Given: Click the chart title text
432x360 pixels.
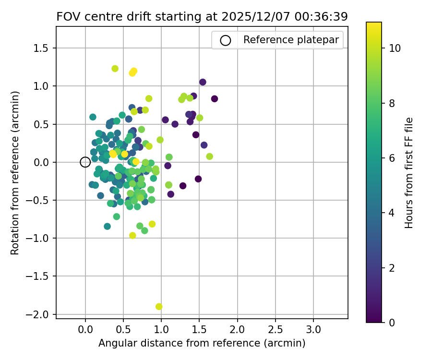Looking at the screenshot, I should (x=202, y=16).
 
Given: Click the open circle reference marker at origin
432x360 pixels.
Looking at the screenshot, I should (x=85, y=162).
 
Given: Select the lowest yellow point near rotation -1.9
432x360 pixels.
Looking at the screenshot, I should (x=159, y=306).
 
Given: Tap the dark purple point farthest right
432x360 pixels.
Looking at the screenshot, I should (x=215, y=99).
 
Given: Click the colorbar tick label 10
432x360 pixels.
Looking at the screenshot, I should (x=395, y=48).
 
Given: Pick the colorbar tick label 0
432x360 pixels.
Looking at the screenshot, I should (x=392, y=322).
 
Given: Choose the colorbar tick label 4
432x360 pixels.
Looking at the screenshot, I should (x=392, y=213).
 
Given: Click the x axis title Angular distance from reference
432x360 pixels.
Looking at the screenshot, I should (x=202, y=344).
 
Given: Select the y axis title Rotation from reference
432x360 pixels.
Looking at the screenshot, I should (x=15, y=173).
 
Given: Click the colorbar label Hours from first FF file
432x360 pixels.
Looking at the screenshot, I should (x=409, y=173).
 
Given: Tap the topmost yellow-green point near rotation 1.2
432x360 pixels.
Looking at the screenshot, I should (x=115, y=69).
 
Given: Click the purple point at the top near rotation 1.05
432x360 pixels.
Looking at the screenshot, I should (x=203, y=82).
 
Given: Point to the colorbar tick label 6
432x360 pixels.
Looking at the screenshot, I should (x=392, y=158).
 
